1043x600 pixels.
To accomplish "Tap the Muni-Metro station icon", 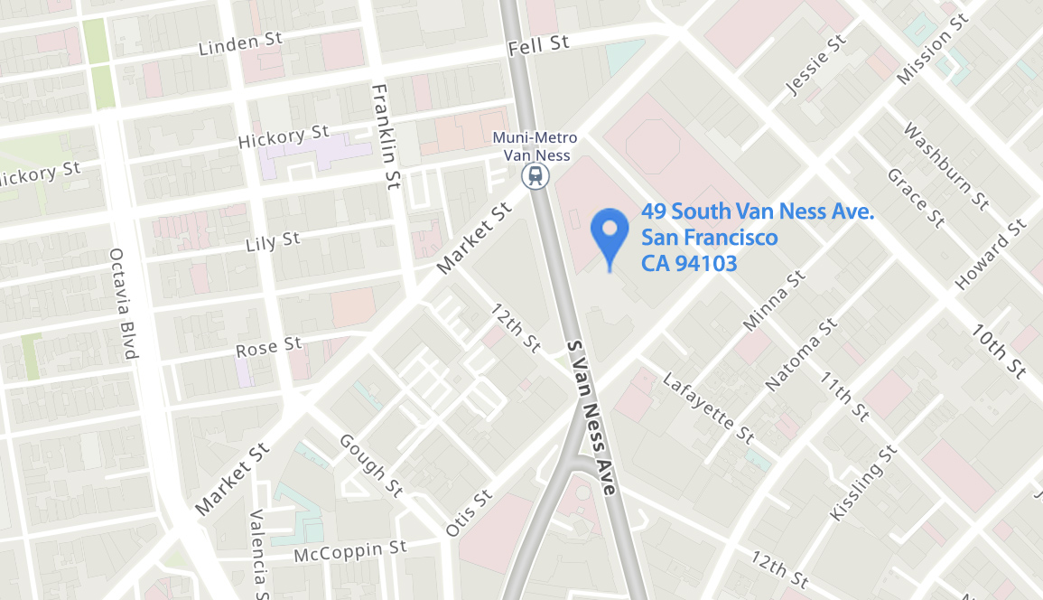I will coord(536,175).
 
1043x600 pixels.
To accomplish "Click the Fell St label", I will coord(538,44).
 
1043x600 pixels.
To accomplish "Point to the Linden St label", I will coord(240,43).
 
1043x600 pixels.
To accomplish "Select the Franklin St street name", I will coord(385,136).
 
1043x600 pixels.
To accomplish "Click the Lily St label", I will coord(273,242).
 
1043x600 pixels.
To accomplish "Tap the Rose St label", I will coord(268,346).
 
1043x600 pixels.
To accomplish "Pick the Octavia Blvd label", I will coord(124,304).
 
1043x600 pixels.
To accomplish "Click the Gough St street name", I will coord(370,465).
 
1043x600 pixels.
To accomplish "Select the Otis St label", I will coord(470,512).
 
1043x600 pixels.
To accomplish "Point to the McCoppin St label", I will coord(350,550).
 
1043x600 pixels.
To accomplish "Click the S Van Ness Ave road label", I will coord(591,417).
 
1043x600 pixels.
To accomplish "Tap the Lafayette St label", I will coord(708,408).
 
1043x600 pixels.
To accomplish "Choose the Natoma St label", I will coord(801,354).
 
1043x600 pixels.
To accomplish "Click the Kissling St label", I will coord(862,483).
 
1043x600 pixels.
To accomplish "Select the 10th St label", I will coord(1000,351).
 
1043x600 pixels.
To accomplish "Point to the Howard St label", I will coord(991,255).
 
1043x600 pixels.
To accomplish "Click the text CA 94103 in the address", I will coord(689,263).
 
